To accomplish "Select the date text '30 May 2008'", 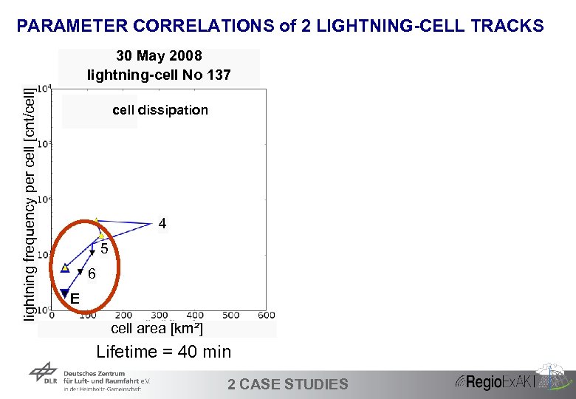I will pyautogui.click(x=159, y=57).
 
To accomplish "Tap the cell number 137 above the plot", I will pyautogui.click(x=219, y=75).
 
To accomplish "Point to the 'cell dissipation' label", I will pyautogui.click(x=160, y=110).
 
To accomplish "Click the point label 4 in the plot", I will pyautogui.click(x=162, y=223).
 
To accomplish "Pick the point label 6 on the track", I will pyautogui.click(x=92, y=274).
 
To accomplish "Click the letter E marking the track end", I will pyautogui.click(x=75, y=299).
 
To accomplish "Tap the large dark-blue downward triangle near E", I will pyautogui.click(x=65, y=293).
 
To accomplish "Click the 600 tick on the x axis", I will pyautogui.click(x=267, y=316).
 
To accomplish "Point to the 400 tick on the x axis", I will pyautogui.click(x=195, y=316).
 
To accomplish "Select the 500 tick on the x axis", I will pyautogui.click(x=230, y=316).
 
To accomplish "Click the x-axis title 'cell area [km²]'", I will pyautogui.click(x=157, y=328).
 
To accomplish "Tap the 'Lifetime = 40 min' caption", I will pyautogui.click(x=164, y=352).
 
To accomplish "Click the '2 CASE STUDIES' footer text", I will pyautogui.click(x=288, y=383).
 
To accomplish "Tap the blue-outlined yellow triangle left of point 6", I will pyautogui.click(x=65, y=267).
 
